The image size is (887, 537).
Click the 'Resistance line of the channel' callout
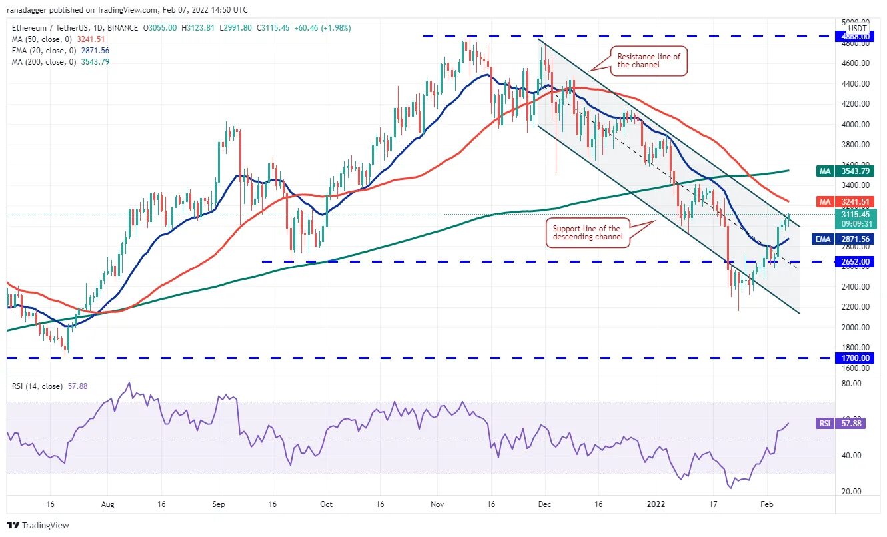point(648,61)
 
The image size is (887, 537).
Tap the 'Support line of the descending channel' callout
point(586,233)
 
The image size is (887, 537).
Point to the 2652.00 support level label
point(852,262)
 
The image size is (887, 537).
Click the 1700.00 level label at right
point(852,358)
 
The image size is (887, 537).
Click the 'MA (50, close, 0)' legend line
point(58,39)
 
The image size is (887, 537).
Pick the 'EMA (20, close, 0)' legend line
point(60,50)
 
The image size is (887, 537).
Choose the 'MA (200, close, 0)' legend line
point(60,62)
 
